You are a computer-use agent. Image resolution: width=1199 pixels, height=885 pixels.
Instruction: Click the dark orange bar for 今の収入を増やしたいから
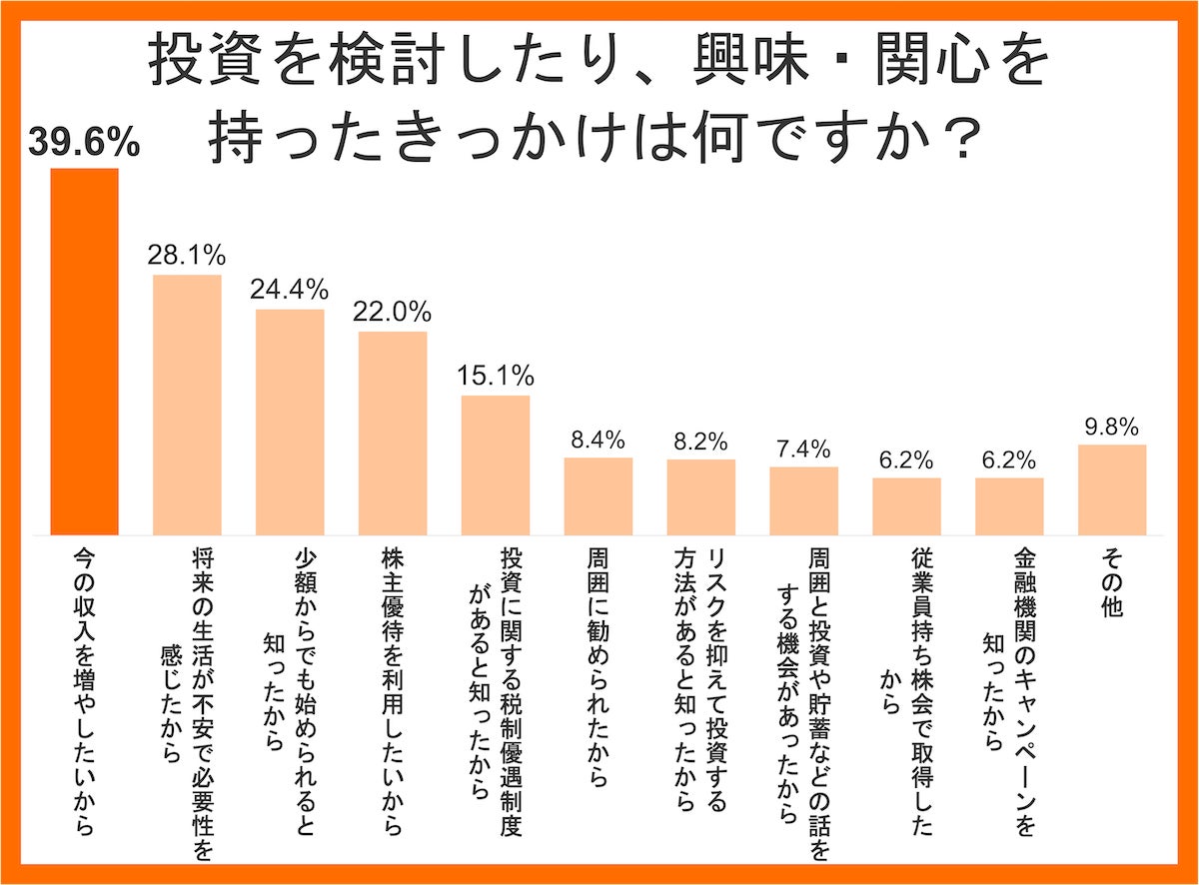(x=85, y=352)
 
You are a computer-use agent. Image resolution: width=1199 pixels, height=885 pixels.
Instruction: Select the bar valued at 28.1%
(x=187, y=405)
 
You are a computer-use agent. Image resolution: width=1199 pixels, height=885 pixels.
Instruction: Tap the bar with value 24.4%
(x=290, y=423)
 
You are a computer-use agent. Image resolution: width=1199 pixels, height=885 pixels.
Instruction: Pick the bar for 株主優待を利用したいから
(x=393, y=433)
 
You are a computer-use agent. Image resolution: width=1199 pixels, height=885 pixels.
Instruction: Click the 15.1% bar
(x=496, y=465)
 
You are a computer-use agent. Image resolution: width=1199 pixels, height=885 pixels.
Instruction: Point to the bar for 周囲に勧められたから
(x=599, y=496)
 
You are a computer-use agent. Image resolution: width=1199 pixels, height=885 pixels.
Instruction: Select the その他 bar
(x=1112, y=489)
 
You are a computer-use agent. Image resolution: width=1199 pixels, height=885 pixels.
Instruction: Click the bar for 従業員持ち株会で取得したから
(x=906, y=506)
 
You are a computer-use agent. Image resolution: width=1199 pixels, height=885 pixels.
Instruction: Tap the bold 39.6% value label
(x=84, y=144)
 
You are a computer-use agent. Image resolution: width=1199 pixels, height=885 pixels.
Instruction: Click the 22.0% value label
(x=393, y=311)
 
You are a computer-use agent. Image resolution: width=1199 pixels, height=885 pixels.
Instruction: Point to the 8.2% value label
(x=701, y=441)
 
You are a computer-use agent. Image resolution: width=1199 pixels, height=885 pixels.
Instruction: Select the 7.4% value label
(x=803, y=448)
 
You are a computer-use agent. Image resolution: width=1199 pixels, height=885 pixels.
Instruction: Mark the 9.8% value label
(x=1112, y=427)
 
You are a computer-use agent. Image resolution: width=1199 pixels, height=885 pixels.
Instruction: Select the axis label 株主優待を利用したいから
(x=393, y=688)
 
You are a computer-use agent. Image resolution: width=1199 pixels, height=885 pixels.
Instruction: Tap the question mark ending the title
(x=958, y=140)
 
